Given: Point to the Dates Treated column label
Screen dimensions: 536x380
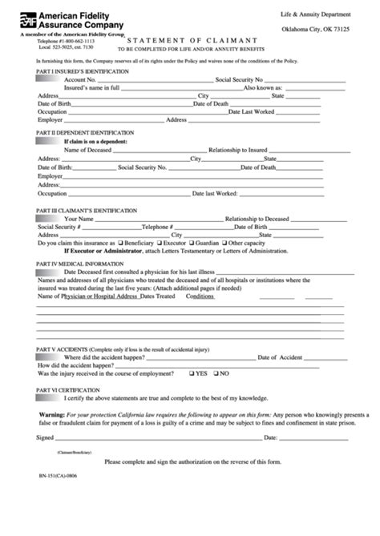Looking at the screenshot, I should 157,296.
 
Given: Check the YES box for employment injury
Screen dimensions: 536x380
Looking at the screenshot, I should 192,373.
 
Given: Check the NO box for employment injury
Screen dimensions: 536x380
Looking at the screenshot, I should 216,373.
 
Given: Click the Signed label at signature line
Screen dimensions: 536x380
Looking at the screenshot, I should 45,437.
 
